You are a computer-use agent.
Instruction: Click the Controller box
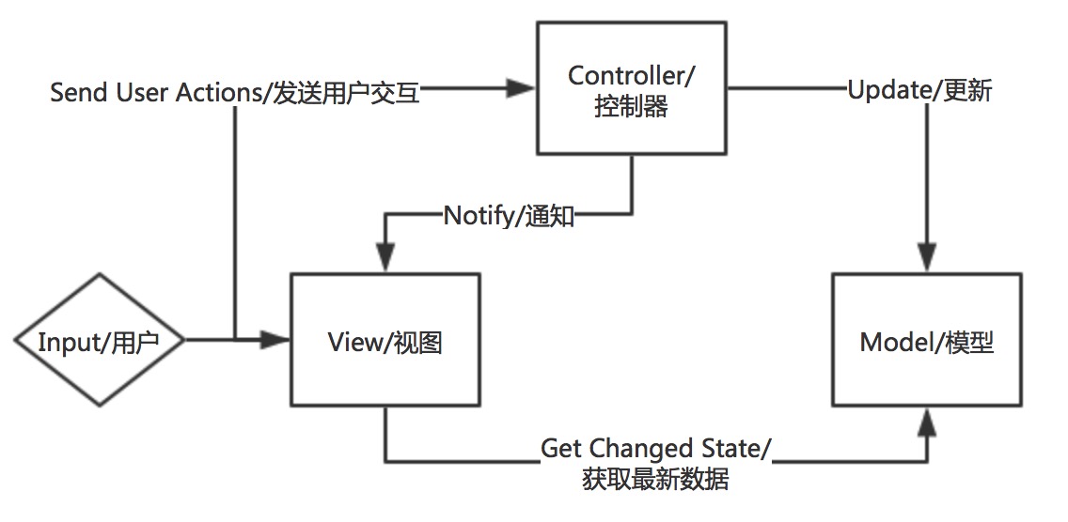631,90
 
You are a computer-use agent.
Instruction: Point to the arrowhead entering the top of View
385,259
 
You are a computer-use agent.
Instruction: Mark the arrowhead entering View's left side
275,340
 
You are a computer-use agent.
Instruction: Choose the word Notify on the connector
478,218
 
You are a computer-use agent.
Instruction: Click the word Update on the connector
883,91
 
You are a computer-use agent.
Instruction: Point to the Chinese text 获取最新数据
656,480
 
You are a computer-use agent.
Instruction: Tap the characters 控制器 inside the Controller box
631,107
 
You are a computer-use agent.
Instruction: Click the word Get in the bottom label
562,448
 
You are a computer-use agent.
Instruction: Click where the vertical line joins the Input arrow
233,340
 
